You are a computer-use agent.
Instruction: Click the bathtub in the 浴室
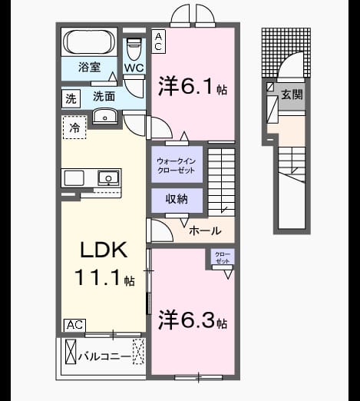(89, 42)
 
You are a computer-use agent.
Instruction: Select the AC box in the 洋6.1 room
(158, 41)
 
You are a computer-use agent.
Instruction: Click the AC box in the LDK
(74, 325)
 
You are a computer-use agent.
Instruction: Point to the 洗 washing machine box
(71, 98)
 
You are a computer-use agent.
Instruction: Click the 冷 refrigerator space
(74, 128)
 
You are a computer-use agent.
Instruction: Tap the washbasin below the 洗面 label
(104, 116)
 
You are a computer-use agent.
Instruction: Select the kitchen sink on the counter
(108, 177)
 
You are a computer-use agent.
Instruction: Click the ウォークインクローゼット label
(177, 165)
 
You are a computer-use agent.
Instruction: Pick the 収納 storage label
(177, 199)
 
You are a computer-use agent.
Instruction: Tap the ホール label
(205, 230)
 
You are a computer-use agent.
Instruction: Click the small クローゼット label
(223, 257)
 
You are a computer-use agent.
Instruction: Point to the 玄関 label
(292, 94)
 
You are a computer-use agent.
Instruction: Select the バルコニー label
(105, 356)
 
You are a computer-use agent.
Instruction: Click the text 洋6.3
(187, 320)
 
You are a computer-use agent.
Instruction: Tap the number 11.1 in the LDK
(97, 277)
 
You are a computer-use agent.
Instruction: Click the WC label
(134, 68)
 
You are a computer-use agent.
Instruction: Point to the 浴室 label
(89, 67)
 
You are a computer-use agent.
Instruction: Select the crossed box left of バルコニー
(71, 352)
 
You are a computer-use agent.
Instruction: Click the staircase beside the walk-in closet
(222, 181)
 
